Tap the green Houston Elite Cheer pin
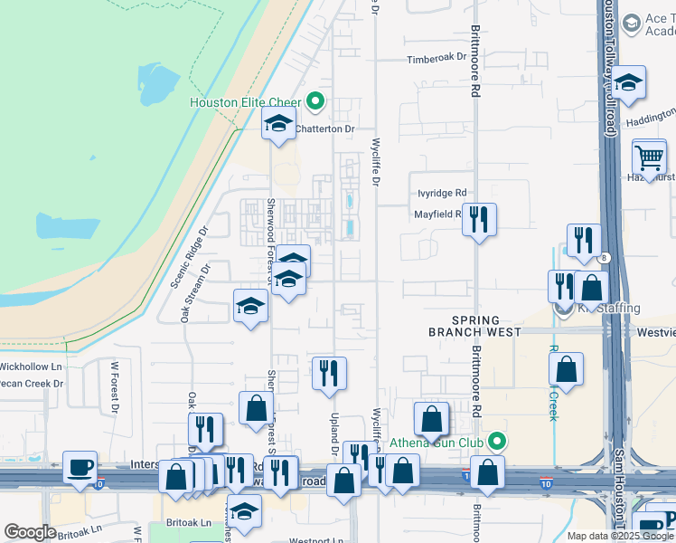click(x=315, y=101)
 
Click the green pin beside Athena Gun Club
click(x=496, y=442)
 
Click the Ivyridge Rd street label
click(x=442, y=193)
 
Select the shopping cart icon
click(x=649, y=157)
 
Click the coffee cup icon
click(x=80, y=468)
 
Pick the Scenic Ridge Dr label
click(x=189, y=258)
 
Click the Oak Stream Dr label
click(x=195, y=292)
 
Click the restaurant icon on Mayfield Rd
click(x=479, y=218)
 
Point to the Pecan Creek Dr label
click(x=33, y=383)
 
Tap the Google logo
click(x=30, y=531)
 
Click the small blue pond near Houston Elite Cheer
click(x=158, y=86)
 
